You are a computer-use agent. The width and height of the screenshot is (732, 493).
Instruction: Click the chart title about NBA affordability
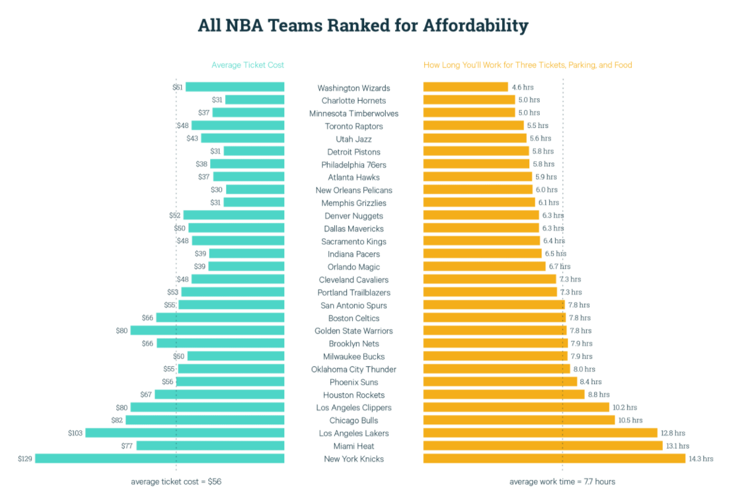coord(363,25)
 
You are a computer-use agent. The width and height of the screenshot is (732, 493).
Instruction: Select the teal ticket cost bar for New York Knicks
coord(160,458)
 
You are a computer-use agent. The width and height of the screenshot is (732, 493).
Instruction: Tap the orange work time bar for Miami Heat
coord(543,445)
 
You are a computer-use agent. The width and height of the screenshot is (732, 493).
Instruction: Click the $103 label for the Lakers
coord(75,433)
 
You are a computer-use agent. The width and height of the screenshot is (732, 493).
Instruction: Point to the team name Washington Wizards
coord(354,88)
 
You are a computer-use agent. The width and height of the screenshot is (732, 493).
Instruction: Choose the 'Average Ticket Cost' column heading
coord(247,65)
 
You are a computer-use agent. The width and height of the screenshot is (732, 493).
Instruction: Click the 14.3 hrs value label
coord(701,458)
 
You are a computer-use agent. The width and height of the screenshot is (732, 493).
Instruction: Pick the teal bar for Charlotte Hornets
coord(255,100)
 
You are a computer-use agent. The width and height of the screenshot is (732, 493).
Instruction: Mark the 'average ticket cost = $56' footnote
coord(176,481)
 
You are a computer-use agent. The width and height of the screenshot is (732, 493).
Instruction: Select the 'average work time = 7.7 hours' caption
coord(562,481)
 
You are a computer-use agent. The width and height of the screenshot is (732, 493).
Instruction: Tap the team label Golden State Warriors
coord(354,331)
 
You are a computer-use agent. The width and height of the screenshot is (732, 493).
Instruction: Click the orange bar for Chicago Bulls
coord(519,420)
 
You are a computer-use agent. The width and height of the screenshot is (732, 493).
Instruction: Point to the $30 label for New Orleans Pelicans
coord(216,190)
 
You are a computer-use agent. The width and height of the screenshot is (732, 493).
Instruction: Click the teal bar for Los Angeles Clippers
coord(207,407)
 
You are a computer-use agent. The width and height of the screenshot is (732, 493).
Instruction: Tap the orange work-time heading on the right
coord(527,65)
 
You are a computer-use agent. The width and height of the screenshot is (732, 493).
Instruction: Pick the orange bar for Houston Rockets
coord(504,394)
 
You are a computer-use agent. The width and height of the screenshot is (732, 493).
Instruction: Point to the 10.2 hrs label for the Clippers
coord(624,408)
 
